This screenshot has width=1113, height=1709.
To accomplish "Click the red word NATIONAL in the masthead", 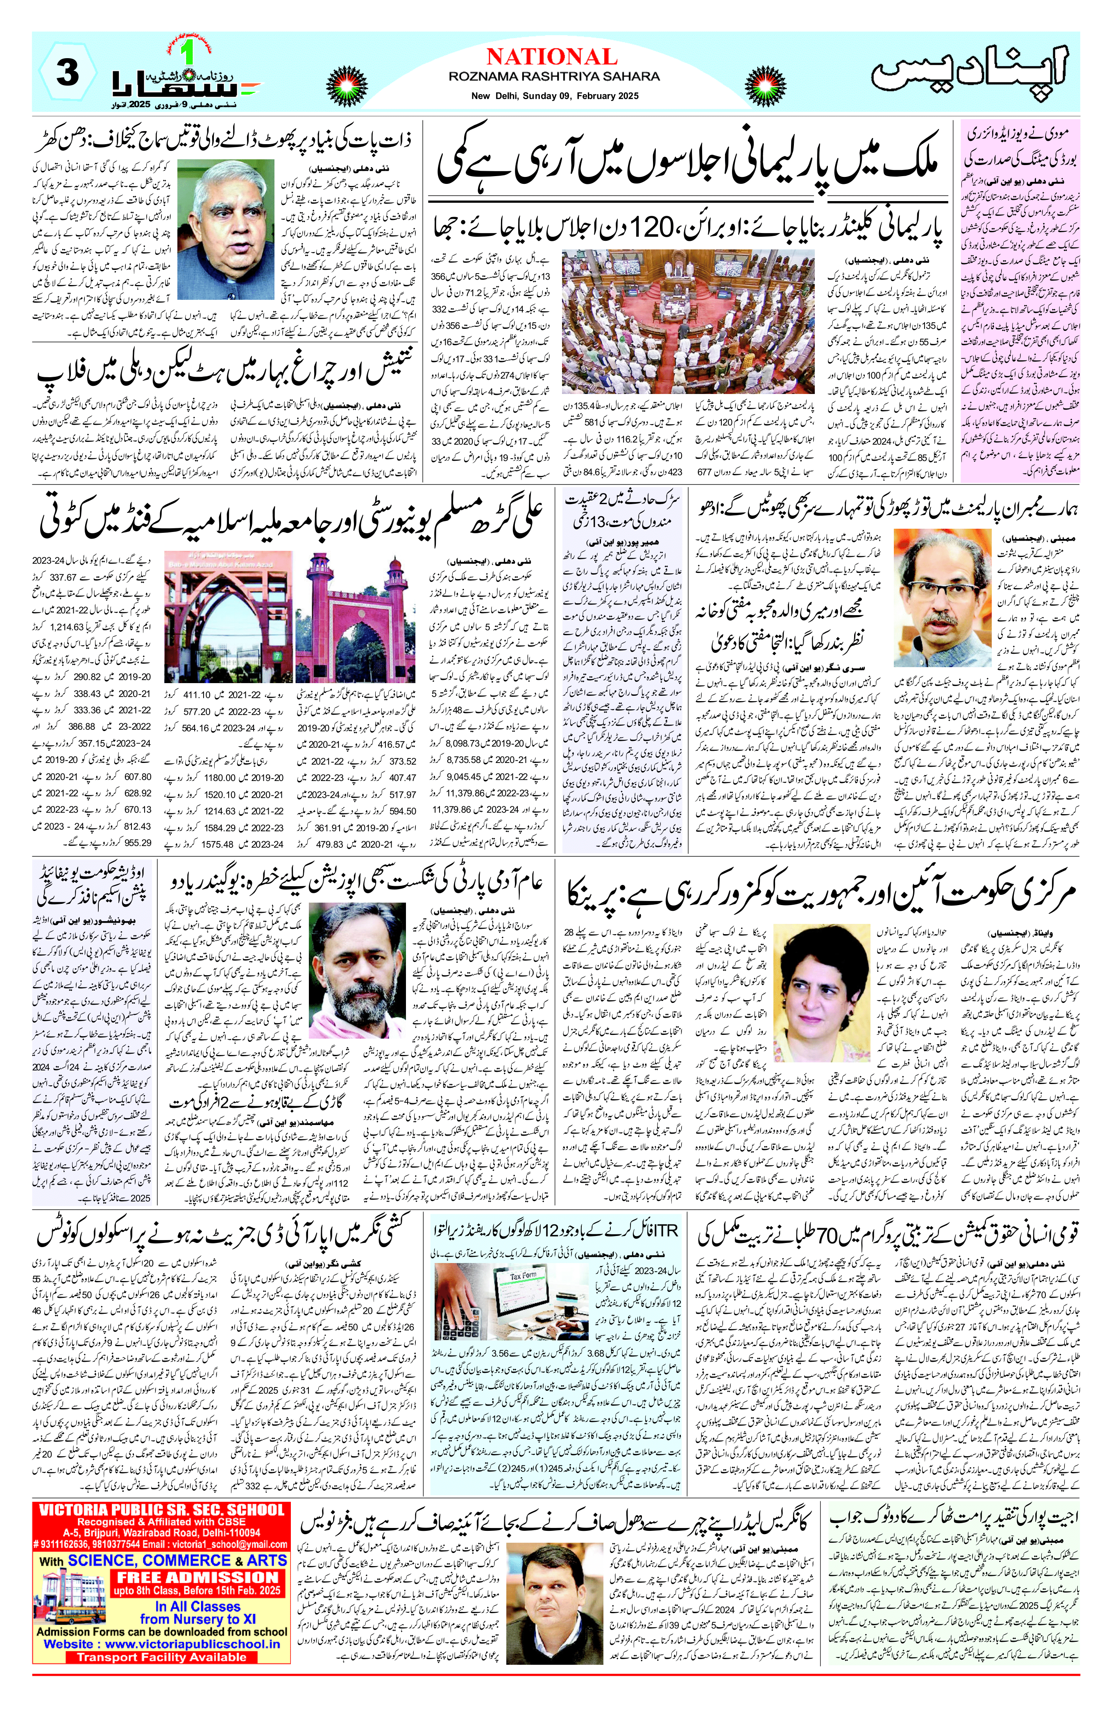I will pyautogui.click(x=551, y=57).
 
